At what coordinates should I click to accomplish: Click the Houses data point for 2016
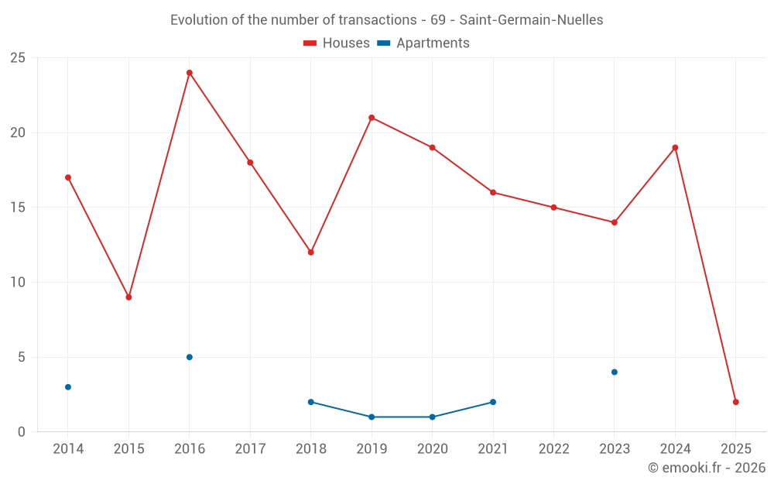(190, 73)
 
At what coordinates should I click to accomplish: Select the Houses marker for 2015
(128, 297)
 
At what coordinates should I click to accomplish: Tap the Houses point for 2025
(736, 402)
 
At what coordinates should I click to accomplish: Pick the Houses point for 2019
(372, 118)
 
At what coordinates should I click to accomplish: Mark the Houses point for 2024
(676, 148)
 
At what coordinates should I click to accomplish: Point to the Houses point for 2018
(311, 252)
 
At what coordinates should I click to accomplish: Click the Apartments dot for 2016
(190, 357)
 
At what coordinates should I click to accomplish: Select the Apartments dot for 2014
(68, 387)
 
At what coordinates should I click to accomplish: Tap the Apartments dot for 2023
(615, 372)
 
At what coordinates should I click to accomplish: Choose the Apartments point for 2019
(372, 417)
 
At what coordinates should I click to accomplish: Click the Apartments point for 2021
(493, 402)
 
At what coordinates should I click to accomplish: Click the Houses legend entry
(337, 43)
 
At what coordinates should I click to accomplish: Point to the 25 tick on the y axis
(18, 58)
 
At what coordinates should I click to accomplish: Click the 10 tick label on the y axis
(18, 283)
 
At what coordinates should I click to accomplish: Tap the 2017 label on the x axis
(250, 449)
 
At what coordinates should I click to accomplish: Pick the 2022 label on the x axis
(553, 449)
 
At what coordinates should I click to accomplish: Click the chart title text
(386, 20)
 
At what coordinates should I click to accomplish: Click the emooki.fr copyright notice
(706, 468)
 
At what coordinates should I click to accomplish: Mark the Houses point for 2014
(68, 177)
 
